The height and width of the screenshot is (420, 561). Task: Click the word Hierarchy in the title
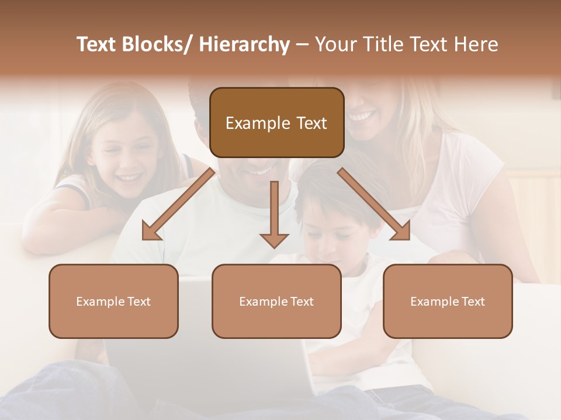(244, 45)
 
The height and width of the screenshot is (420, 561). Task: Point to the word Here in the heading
(476, 45)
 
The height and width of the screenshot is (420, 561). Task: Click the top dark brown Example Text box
(276, 123)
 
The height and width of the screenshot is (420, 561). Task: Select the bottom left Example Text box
(113, 301)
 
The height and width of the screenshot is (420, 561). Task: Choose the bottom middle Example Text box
(276, 301)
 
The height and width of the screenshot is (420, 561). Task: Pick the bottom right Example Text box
(448, 301)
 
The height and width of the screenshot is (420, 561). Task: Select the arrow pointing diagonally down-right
(374, 204)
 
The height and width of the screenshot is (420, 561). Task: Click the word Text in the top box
(311, 123)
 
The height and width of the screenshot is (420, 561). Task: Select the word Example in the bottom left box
(101, 302)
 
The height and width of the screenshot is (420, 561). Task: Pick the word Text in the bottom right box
(473, 302)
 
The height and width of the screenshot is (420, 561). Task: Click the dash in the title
(302, 45)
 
